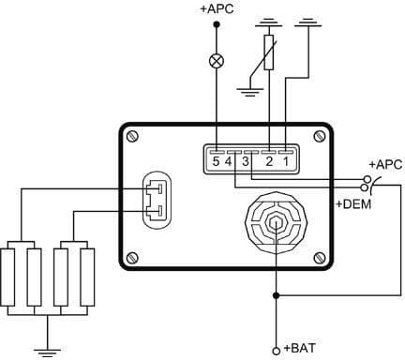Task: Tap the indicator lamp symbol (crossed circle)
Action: (217, 61)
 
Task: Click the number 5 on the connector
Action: (216, 161)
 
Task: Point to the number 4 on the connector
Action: (229, 161)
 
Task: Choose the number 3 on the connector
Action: (246, 161)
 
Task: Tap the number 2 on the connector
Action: (269, 161)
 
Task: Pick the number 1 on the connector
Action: (287, 161)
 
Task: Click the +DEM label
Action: (354, 203)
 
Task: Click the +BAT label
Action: (299, 349)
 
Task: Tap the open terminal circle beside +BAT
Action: (277, 350)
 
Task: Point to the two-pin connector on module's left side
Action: (155, 199)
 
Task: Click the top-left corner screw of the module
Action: (133, 138)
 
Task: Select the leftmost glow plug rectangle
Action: (10, 276)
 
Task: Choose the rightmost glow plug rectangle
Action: (87, 276)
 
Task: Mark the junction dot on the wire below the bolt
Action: (277, 296)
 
